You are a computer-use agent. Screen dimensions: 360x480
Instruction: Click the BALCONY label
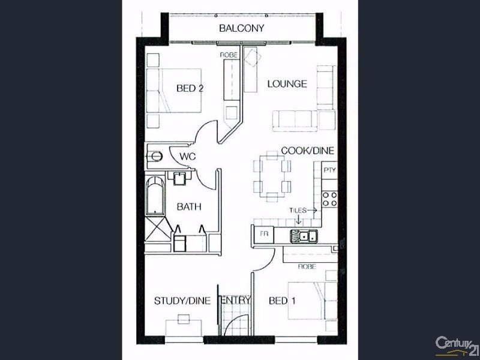241,28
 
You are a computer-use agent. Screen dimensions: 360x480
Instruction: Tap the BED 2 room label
190,88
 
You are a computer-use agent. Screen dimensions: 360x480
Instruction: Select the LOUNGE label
287,84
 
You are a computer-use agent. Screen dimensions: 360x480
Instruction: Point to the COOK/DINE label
308,151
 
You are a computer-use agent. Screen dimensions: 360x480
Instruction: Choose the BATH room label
188,207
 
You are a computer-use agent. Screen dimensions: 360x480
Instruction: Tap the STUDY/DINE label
182,301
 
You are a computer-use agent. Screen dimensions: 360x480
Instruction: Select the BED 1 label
282,301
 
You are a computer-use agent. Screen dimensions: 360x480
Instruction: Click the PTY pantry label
329,170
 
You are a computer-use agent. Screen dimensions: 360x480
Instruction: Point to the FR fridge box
263,233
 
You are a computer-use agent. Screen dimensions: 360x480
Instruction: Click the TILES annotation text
298,211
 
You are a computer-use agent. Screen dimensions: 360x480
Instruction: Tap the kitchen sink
304,235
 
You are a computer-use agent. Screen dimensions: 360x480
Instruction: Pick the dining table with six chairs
272,175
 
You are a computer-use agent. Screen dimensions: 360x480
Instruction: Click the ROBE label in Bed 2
229,55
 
